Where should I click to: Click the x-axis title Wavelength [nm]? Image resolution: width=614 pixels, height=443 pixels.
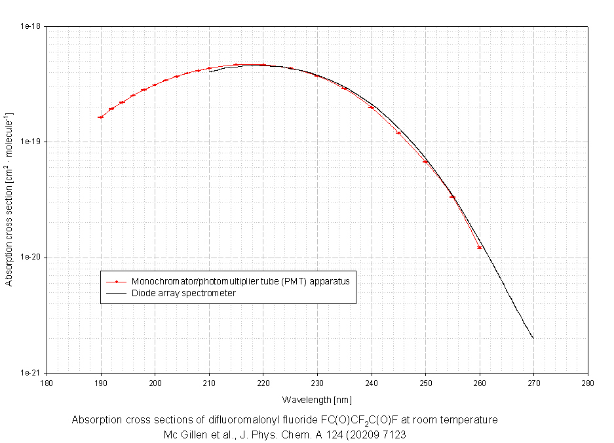click(317, 399)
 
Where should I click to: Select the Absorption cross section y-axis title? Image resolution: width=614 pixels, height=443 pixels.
click(10, 200)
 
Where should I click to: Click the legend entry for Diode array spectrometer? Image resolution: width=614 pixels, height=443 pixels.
click(183, 293)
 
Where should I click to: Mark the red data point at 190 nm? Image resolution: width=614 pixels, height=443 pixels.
click(100, 117)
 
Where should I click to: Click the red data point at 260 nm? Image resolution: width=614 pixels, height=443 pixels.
click(480, 248)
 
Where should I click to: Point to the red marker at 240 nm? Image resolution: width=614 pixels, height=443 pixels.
click(372, 107)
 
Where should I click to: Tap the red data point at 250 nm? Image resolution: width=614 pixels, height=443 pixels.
click(425, 162)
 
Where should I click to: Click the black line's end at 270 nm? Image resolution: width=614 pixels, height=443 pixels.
click(533, 338)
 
